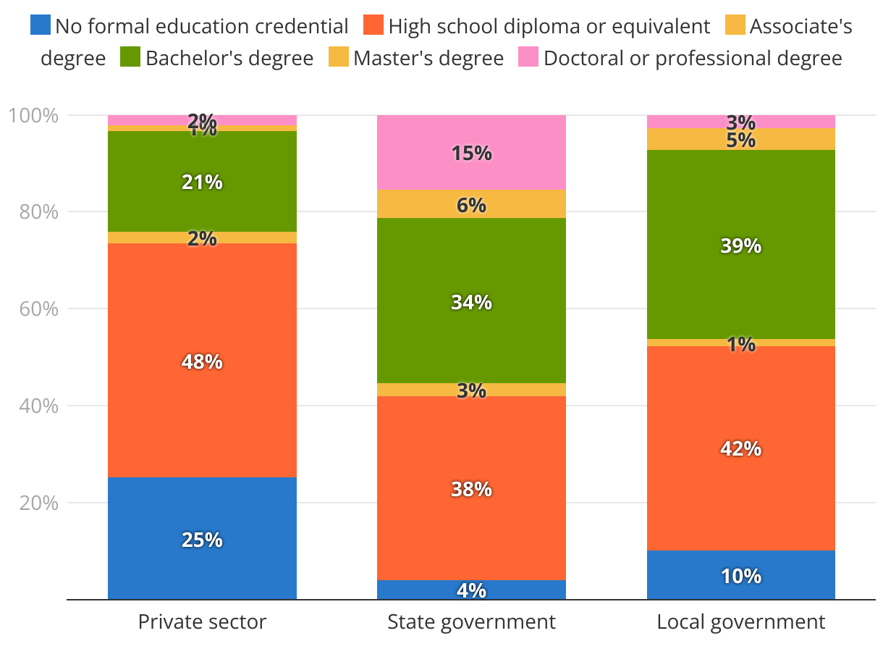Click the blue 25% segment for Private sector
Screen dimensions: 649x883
tap(202, 539)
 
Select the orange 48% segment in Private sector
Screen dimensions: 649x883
tap(202, 361)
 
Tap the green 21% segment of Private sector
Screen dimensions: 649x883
tap(202, 182)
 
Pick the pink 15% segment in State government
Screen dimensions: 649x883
tap(471, 153)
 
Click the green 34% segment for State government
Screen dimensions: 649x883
tap(471, 301)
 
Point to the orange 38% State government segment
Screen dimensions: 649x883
tap(471, 489)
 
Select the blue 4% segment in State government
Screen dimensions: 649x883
tap(471, 590)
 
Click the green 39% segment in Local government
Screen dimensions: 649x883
tap(740, 246)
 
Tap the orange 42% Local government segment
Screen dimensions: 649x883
tap(740, 448)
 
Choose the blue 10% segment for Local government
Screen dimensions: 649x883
tap(740, 576)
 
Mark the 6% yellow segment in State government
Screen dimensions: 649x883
tap(471, 204)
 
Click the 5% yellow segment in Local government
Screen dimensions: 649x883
tap(740, 139)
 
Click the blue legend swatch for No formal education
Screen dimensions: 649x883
tap(41, 26)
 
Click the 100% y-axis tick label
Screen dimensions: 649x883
tap(32, 115)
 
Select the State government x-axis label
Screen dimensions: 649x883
tap(471, 622)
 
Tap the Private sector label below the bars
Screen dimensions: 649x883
tap(202, 622)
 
